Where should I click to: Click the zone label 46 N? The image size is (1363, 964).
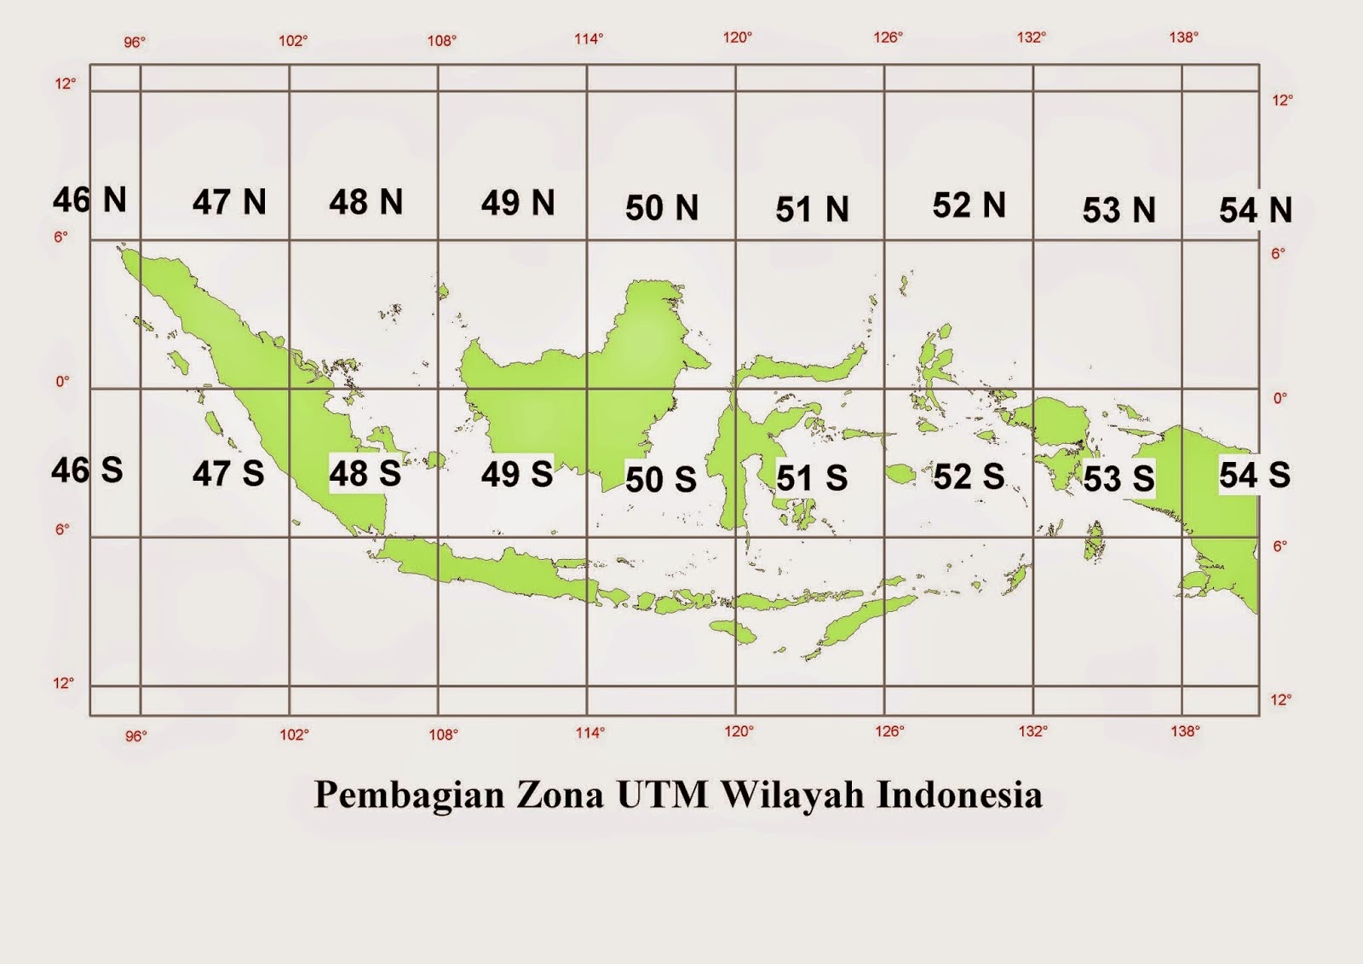point(89,200)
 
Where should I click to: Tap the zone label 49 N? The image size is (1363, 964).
point(517,203)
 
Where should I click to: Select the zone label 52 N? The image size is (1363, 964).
point(969,205)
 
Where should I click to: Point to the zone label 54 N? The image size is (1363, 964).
point(1255,210)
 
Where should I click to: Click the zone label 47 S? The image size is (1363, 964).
point(227,474)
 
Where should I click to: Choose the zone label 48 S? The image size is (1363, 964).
point(365,474)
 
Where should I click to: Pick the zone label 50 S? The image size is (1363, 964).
point(660,479)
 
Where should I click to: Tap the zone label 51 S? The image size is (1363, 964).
point(812,478)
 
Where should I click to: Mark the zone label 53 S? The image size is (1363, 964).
point(1119,478)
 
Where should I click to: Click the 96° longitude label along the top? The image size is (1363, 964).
point(135,42)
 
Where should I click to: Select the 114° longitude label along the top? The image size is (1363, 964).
point(589,38)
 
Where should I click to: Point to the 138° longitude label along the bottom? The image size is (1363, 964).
point(1185,730)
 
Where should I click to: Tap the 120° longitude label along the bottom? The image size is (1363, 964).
point(739,731)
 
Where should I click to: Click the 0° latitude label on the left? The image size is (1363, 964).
point(63,381)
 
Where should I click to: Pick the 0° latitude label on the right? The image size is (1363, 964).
point(1280,398)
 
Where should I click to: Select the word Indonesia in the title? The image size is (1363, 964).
point(959,794)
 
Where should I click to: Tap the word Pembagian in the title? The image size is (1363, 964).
point(409,795)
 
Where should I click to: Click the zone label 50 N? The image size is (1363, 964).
point(661,208)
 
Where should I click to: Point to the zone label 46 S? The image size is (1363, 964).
point(87,470)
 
